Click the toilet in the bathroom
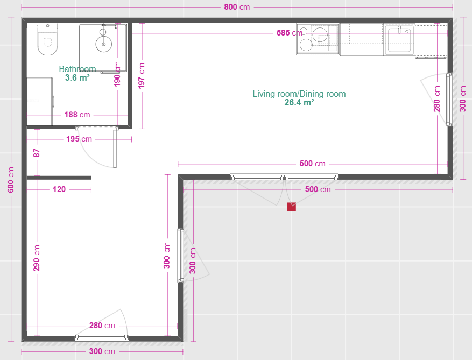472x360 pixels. tap(47, 39)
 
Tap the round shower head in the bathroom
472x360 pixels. tap(104, 44)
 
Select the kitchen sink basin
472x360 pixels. tap(399, 40)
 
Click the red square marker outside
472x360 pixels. tap(291, 207)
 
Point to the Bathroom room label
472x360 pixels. tap(78, 69)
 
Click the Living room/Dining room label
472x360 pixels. tap(299, 94)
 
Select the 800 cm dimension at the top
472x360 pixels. tap(237, 7)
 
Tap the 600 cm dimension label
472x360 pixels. tap(11, 180)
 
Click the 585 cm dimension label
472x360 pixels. tap(289, 32)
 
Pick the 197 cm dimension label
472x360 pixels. tap(141, 76)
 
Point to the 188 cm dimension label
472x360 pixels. tap(77, 115)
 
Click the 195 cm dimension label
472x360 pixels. tap(79, 139)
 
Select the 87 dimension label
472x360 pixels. tap(37, 153)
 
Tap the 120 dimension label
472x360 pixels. tap(59, 189)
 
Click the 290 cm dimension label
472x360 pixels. tap(37, 258)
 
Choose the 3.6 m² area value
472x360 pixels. tap(78, 77)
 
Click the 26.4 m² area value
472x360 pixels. tap(299, 103)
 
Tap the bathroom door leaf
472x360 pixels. tap(115, 147)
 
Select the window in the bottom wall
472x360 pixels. tap(102, 337)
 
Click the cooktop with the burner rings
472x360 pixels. tap(318, 39)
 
